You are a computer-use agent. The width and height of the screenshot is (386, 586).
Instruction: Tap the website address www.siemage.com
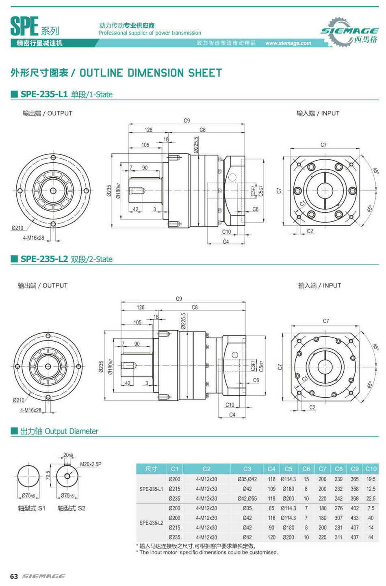pos(288,43)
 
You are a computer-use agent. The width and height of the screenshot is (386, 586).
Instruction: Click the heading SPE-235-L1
pos(44,94)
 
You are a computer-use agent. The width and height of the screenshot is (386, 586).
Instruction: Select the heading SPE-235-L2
pos(44,259)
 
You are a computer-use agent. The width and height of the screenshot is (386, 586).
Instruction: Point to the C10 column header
pos(371,469)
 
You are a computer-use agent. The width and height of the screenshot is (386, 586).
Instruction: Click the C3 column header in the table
pos(247,469)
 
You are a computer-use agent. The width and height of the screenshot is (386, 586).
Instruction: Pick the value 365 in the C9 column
pos(355,479)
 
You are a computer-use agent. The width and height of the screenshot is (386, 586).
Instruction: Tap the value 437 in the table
pos(355,537)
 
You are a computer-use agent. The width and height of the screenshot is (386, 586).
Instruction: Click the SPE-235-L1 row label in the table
pos(151,489)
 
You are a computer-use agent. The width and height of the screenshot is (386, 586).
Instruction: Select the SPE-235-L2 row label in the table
pos(151,523)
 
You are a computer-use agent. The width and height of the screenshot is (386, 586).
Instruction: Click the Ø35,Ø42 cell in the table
pos(247,479)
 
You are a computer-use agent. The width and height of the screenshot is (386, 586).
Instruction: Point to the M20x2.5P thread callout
pos(91,464)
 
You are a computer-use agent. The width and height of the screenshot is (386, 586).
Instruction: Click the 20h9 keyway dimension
pos(68,455)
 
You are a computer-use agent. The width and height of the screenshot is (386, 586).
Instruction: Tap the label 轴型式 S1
pos(31,508)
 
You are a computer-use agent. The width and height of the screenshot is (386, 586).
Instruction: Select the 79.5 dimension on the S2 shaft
pos(48,475)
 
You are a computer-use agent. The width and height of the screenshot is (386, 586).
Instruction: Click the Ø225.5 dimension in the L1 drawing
pos(196,144)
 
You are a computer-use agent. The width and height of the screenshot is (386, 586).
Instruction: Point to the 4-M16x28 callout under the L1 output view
pos(33,238)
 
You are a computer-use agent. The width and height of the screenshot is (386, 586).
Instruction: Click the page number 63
pos(14,576)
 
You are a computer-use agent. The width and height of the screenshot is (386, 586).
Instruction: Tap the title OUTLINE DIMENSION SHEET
pos(150,73)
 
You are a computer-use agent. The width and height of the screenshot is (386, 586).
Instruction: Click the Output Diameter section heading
pos(59,431)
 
